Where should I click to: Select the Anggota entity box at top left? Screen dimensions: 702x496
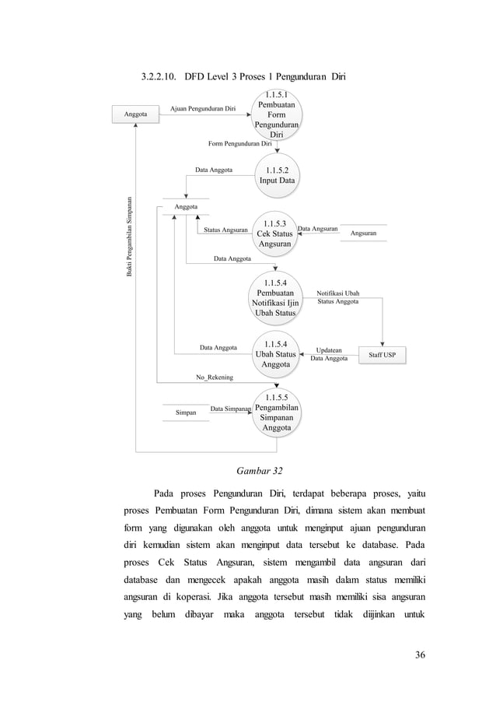(136, 114)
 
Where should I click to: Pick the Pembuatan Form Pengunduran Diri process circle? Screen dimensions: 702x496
(276, 115)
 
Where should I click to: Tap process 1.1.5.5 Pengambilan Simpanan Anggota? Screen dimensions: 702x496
(276, 412)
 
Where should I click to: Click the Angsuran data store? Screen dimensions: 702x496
(364, 233)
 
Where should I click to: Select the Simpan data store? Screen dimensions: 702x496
(185, 412)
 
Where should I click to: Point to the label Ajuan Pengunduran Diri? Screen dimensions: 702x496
(203, 109)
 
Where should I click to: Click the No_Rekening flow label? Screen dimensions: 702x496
(214, 377)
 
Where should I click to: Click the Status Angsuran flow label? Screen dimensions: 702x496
(225, 230)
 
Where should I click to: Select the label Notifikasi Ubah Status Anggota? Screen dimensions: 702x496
(337, 297)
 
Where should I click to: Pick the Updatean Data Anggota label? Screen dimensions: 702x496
(329, 354)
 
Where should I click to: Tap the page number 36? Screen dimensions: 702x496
(420, 654)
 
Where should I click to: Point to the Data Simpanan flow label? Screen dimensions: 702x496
(230, 408)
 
